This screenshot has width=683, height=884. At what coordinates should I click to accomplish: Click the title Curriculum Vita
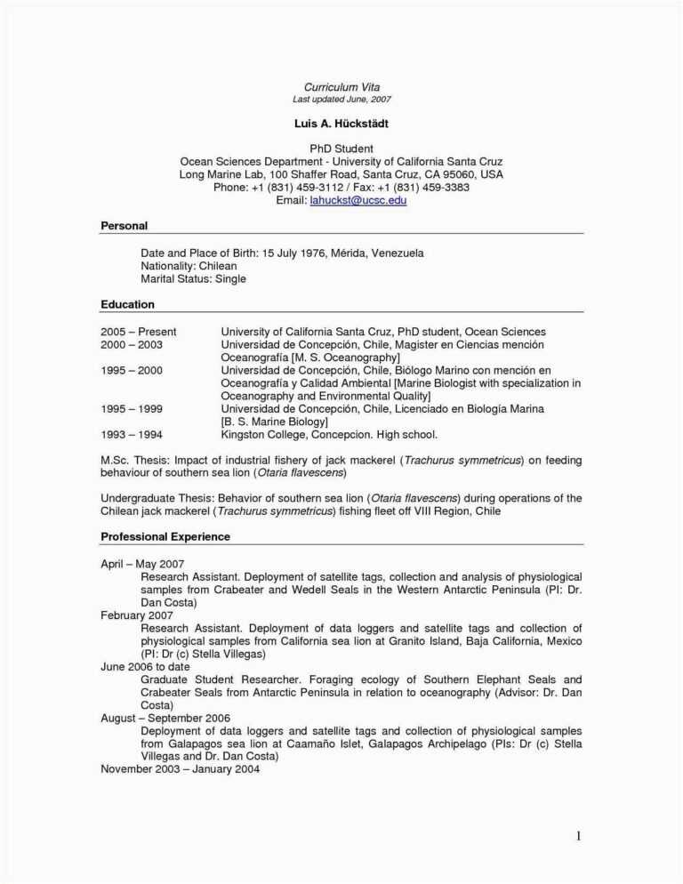tap(341, 86)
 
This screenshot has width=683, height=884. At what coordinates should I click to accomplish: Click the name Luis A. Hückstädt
tap(341, 123)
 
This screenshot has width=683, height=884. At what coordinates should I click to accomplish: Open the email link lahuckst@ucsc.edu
tap(358, 201)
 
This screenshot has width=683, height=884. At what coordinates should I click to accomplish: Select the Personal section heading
tap(124, 226)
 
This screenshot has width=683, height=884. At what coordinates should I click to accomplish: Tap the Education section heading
tap(127, 305)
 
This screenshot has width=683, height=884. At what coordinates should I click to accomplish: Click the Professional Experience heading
tap(165, 537)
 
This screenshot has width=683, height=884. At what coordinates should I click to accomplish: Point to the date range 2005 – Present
tap(139, 332)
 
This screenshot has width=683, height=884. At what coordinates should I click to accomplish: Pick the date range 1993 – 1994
tap(132, 435)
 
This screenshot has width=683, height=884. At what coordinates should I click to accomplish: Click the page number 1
tap(577, 835)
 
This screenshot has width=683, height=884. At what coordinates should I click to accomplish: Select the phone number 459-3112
tap(320, 188)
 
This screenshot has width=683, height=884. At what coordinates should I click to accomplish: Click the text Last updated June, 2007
tap(341, 99)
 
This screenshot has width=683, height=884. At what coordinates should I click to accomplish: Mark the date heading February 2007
tap(137, 615)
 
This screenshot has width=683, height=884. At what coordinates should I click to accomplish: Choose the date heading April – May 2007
tap(142, 564)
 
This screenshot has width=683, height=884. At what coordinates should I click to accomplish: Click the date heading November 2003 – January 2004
tap(180, 769)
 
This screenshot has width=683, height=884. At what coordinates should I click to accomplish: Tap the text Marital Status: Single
tap(193, 279)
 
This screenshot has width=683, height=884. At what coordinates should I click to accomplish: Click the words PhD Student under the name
tap(341, 149)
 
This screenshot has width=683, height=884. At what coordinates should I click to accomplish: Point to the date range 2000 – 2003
tap(132, 344)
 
